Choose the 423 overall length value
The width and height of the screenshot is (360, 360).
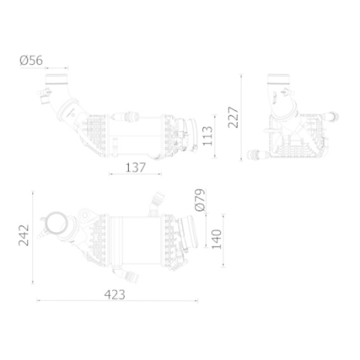coord(114,294)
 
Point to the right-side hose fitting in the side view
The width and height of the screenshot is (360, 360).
coord(333,113)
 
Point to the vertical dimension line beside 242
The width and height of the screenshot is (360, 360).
coord(34,237)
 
